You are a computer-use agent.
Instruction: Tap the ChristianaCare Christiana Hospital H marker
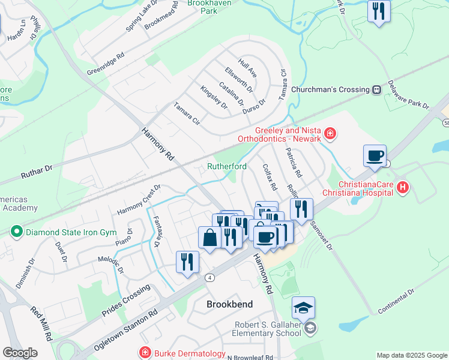pos(403,188)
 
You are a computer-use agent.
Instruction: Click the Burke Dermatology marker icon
pos(144,353)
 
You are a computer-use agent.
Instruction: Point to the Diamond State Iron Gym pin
pos(16,231)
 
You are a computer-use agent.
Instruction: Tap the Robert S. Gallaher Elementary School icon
pos(310,328)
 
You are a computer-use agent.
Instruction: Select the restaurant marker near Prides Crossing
pos(187,262)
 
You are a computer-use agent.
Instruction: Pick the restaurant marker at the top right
pos(379,11)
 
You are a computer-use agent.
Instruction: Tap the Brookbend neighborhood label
pos(229,304)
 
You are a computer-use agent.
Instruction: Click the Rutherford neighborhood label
pos(227,166)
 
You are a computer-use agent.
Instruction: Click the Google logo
pos(20,353)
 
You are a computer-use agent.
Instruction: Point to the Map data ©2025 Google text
pos(411,355)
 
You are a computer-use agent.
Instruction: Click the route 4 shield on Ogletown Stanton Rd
pos(209,278)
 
